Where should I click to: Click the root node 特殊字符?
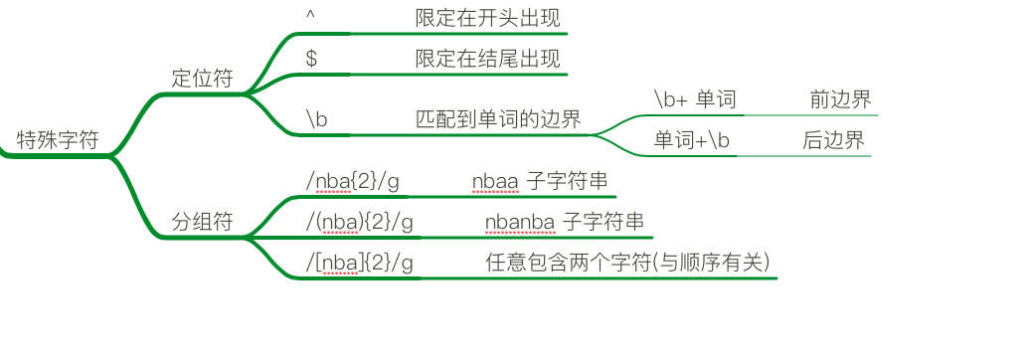[58, 139]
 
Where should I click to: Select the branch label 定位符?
[202, 79]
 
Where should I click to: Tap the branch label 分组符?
[202, 222]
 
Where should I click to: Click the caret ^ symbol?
[311, 18]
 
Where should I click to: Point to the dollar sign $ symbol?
[311, 59]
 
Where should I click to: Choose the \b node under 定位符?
[317, 119]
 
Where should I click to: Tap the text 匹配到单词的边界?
[498, 119]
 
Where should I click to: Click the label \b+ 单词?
[694, 99]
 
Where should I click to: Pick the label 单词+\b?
[692, 140]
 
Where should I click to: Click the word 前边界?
[840, 99]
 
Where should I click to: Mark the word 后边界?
[833, 140]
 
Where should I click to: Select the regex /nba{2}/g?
[353, 182]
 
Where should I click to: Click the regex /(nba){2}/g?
[359, 222]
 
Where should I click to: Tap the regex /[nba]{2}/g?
[359, 263]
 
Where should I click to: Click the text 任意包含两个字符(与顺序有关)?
[627, 263]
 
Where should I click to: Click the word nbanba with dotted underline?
[520, 222]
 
